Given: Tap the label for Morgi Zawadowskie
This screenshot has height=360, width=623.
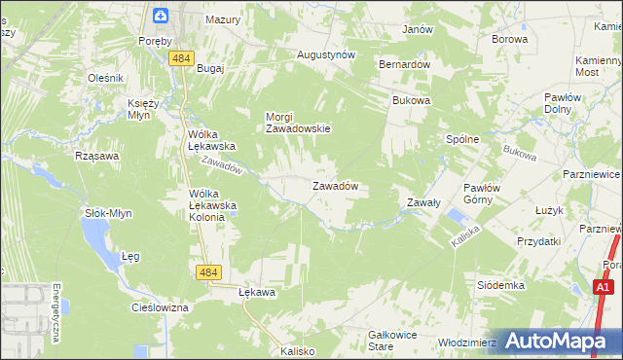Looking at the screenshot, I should (299, 123).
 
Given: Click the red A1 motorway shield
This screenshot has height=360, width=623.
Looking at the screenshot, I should (604, 287).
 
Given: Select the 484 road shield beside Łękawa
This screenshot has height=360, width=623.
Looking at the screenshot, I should (206, 274).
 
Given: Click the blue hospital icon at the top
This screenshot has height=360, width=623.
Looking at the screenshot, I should (161, 15).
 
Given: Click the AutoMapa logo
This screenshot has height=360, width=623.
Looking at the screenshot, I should (554, 341).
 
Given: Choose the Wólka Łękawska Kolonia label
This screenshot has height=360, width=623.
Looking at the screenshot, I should (206, 205).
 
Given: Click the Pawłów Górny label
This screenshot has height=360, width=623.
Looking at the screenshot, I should (481, 194).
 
